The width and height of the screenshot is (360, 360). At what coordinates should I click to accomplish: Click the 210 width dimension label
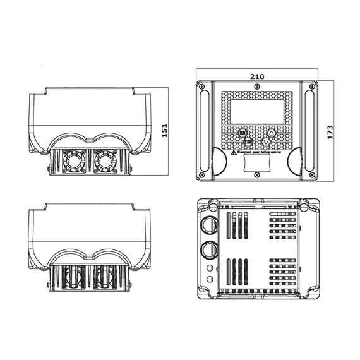[x=257, y=76]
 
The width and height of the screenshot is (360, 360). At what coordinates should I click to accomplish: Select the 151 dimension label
[x=164, y=131]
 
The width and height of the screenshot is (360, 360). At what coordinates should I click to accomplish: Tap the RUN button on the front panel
[x=243, y=133]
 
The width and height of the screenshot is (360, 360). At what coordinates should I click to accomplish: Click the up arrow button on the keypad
[x=271, y=133]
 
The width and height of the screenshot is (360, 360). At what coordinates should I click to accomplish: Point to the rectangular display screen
[x=257, y=111]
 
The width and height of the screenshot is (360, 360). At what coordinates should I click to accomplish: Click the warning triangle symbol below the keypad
[x=233, y=152]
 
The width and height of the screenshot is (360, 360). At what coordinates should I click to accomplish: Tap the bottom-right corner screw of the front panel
[x=312, y=174]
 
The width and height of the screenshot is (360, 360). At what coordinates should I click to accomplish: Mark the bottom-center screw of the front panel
[x=257, y=174]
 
